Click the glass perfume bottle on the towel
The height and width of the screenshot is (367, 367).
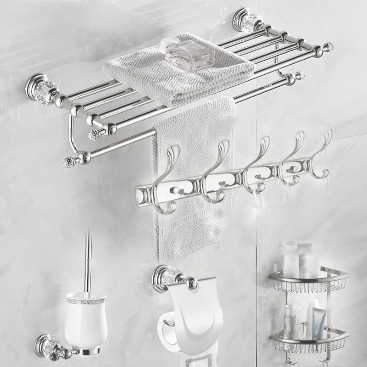click(x=190, y=53)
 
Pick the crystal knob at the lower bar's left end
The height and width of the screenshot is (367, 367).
click(x=69, y=163)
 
